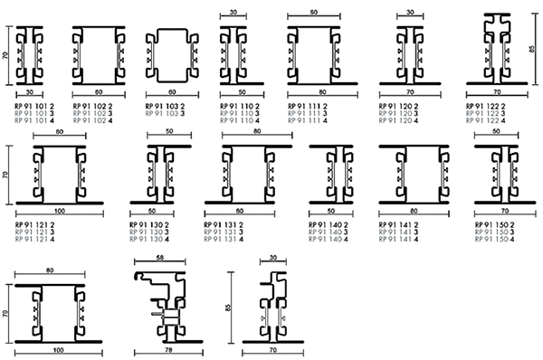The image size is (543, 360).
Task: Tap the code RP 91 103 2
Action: coord(166,107)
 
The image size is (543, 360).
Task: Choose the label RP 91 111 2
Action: coord(308,107)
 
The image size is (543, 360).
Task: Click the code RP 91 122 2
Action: coord(486,107)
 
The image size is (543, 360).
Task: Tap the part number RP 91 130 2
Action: coord(166,225)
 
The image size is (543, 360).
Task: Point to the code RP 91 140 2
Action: coord(329,225)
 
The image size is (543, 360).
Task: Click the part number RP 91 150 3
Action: coord(493,232)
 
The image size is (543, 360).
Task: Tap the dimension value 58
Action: coord(159,260)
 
